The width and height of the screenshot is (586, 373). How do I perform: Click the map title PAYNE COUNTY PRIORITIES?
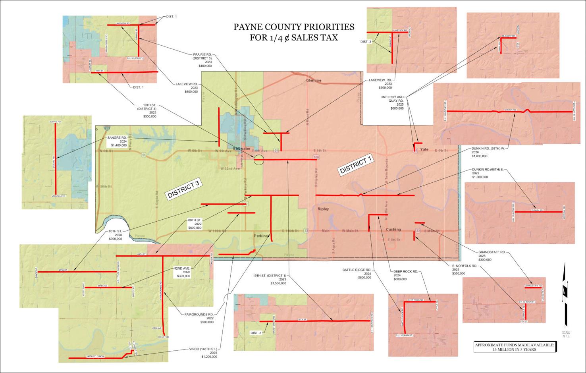[294, 27]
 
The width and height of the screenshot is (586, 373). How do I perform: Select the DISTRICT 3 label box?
[183, 189]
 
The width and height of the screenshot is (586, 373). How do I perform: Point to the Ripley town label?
[324, 209]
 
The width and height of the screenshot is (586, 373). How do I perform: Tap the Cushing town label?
[393, 230]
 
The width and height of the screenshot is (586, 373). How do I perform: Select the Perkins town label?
[261, 236]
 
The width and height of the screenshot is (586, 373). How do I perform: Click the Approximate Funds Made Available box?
[515, 347]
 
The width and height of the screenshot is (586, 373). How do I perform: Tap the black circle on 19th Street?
[258, 160]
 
